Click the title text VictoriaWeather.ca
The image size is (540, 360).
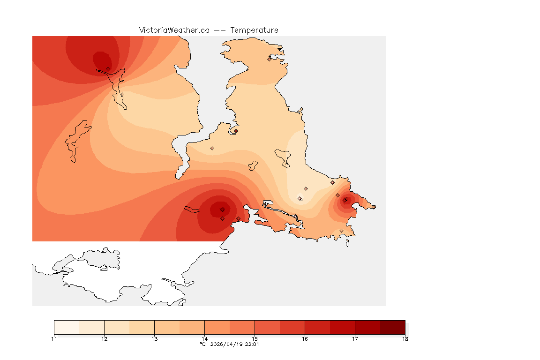click(174, 30)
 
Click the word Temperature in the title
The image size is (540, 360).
click(254, 30)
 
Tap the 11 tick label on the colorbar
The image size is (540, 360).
click(54, 339)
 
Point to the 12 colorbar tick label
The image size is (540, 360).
click(104, 339)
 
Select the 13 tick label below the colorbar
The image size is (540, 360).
click(154, 339)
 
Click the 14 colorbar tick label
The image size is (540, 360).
click(204, 339)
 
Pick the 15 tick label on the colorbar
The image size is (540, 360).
click(255, 339)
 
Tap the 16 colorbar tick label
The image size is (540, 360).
click(305, 339)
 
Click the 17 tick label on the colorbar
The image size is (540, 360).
click(355, 339)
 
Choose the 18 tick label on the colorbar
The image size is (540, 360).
click(405, 339)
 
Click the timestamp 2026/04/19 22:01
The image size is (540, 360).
click(234, 344)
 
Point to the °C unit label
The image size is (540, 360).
click(202, 344)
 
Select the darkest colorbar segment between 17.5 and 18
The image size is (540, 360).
click(392, 327)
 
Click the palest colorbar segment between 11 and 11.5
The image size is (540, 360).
click(67, 327)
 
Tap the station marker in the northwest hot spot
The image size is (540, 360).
click(108, 68)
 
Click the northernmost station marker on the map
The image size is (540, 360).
click(269, 59)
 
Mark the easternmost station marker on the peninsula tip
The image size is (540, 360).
click(374, 207)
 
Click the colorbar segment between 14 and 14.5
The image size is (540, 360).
click(217, 327)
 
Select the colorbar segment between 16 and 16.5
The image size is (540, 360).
click(317, 327)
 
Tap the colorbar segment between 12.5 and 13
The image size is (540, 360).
click(142, 327)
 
